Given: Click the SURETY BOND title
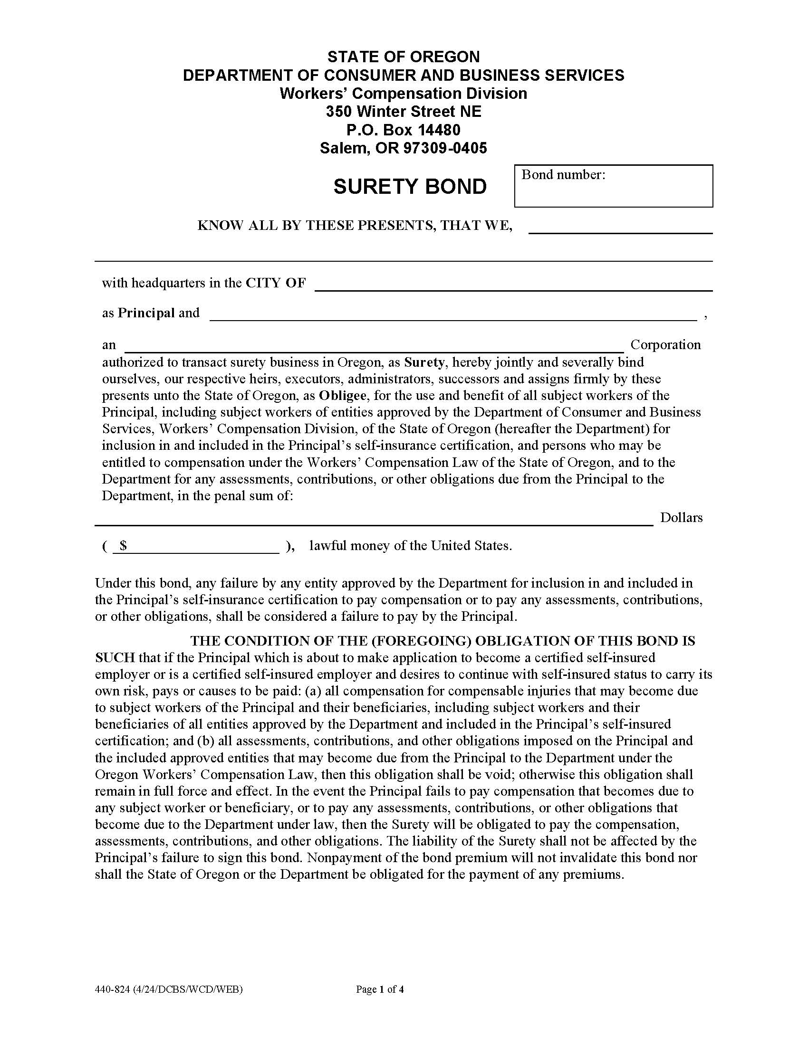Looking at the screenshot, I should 410,187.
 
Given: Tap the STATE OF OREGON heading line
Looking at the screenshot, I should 403,57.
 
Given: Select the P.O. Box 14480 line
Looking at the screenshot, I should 403,130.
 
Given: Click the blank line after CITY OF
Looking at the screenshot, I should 513,285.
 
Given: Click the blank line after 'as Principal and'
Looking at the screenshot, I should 453,315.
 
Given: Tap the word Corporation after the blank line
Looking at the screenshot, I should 665,344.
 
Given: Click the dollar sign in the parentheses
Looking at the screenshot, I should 124,545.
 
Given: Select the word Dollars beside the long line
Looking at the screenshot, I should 681,517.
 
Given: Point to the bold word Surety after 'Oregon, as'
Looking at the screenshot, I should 424,362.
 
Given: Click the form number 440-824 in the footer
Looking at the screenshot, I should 113,989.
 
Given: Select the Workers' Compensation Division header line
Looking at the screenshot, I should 403,93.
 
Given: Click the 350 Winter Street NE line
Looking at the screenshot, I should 403,112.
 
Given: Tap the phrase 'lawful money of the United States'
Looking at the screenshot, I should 410,545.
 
